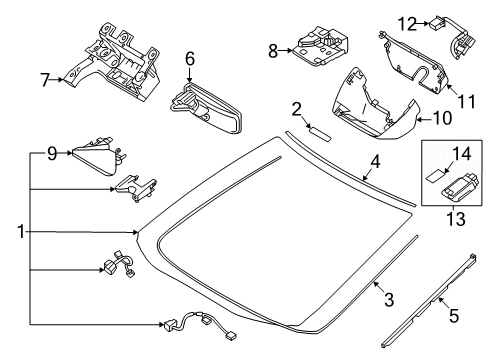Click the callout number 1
click(x=20, y=233)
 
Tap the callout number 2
click(x=297, y=108)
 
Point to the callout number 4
click(x=374, y=162)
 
